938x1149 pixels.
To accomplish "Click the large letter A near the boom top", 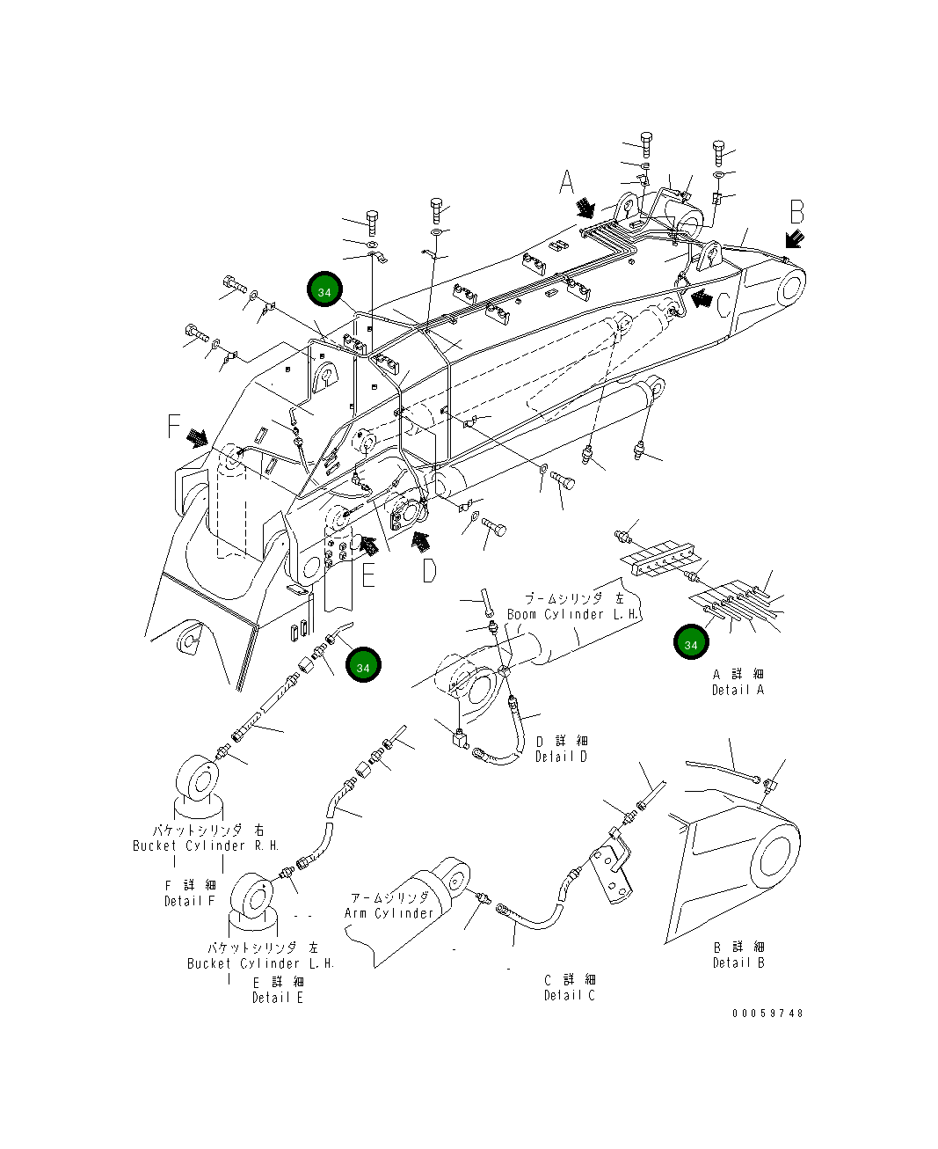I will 567,183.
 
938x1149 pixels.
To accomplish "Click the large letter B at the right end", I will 796,212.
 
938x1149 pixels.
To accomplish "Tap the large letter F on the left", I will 175,428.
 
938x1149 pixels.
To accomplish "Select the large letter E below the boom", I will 368,574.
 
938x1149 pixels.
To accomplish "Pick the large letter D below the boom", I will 428,571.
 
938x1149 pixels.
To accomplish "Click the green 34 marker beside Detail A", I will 691,644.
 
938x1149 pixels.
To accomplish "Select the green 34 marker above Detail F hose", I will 363,666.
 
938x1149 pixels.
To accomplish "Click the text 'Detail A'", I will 738,690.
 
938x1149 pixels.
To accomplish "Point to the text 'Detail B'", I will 738,962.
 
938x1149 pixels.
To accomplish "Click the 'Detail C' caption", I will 569,995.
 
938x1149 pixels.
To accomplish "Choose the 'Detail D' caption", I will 561,757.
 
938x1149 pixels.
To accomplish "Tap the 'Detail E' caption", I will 277,998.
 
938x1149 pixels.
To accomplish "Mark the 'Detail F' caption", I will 189,901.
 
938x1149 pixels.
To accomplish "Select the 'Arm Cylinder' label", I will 389,913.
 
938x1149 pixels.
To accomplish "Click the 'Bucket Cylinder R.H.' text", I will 206,845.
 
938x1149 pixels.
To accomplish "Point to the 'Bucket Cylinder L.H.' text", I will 260,963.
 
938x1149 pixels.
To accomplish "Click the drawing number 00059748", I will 767,1013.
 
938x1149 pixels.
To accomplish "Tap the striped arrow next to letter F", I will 198,436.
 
